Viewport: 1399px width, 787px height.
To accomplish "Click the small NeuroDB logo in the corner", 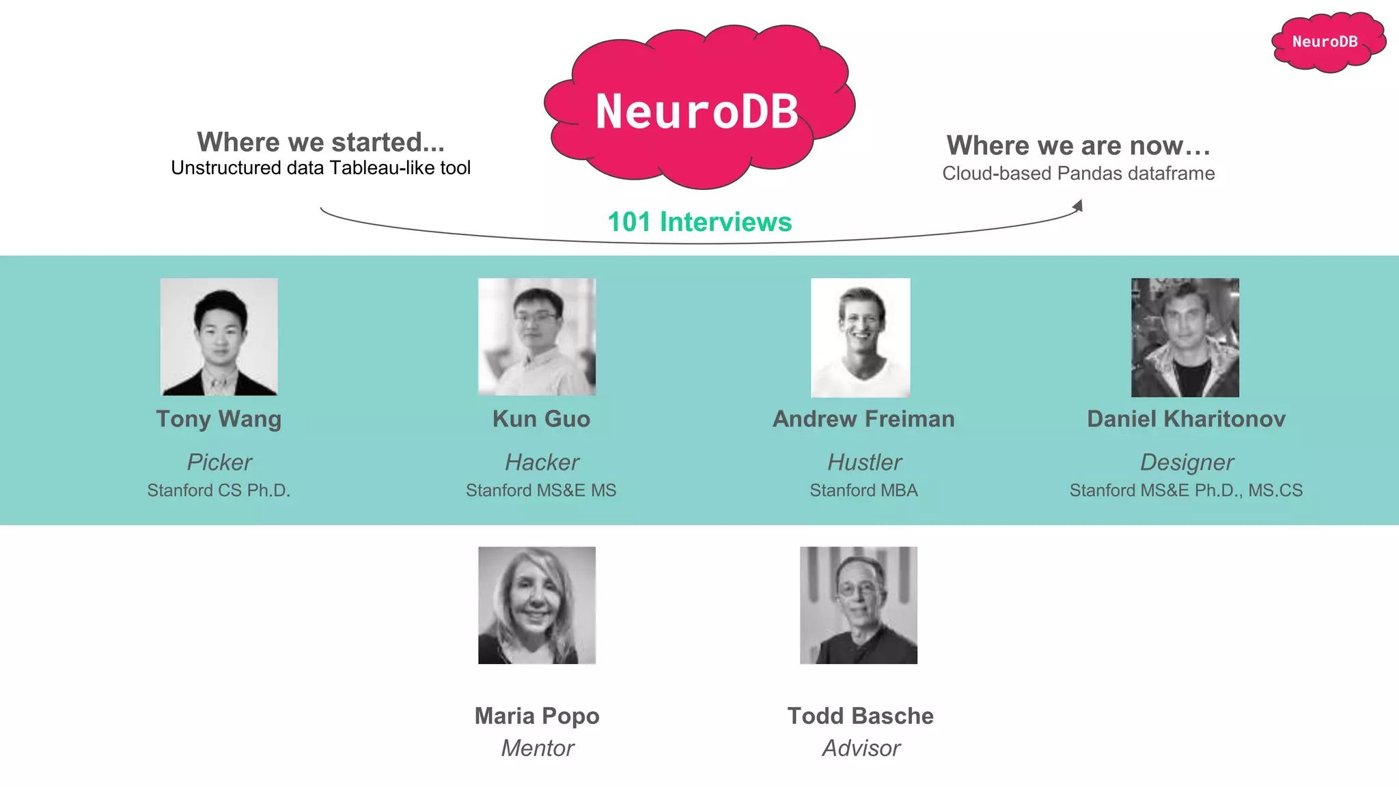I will point(1327,42).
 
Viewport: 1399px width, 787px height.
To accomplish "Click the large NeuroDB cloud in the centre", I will point(697,109).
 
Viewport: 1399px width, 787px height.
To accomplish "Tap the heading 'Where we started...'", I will point(320,142).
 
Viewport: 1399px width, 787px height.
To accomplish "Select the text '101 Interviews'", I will point(699,222).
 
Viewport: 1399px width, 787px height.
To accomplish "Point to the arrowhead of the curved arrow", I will point(1079,206).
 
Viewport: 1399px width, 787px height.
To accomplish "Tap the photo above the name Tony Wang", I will point(219,336).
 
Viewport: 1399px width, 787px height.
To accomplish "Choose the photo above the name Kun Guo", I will point(537,336).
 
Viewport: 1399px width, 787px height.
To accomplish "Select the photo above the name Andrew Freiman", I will point(860,337).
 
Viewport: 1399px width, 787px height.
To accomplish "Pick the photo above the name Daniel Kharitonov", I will point(1185,337).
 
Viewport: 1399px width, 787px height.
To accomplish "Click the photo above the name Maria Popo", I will point(537,605).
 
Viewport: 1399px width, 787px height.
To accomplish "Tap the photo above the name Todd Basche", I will point(859,605).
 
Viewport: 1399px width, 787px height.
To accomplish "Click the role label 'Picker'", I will point(219,462).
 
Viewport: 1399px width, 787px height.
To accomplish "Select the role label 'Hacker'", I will point(542,462).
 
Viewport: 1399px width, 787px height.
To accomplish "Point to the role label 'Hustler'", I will point(864,462).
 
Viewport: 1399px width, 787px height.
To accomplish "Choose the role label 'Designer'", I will point(1187,462).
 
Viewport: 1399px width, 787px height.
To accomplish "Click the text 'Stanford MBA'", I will point(863,491).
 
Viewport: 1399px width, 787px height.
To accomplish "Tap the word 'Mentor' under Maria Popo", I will point(538,748).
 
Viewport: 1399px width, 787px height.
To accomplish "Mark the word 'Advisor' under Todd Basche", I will point(861,748).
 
